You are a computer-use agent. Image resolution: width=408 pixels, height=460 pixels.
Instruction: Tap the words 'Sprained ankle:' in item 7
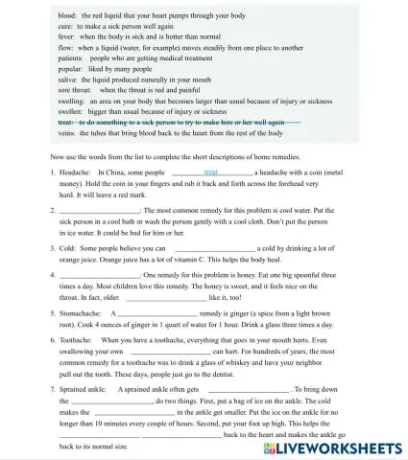tap(84, 390)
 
